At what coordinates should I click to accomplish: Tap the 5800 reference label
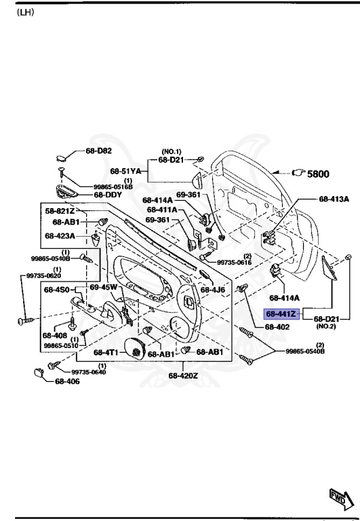point(318,174)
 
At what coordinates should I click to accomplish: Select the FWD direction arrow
point(338,498)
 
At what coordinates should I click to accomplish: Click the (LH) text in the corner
point(25,13)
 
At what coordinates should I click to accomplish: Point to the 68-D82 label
point(99,151)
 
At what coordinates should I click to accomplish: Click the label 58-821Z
point(60,212)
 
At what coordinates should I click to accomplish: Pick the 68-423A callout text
point(60,236)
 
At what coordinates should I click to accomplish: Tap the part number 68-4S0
point(57,290)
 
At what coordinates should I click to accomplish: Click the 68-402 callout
point(277,327)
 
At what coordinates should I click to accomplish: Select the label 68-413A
point(334,199)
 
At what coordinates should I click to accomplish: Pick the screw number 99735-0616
point(234,262)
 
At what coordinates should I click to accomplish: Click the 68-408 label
point(54,334)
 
